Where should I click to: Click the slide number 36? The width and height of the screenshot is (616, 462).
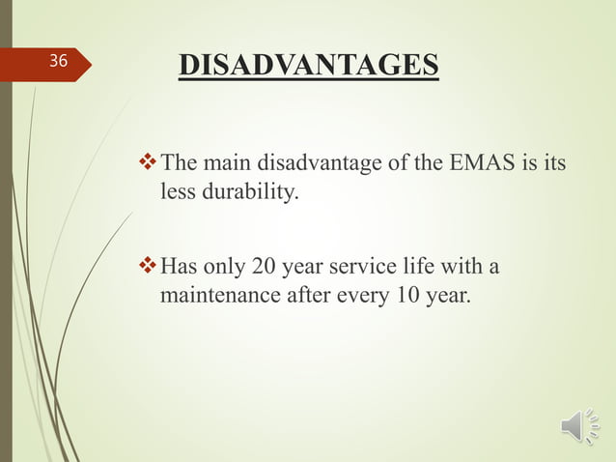(x=59, y=62)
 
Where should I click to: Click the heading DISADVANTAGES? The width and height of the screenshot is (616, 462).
(x=308, y=66)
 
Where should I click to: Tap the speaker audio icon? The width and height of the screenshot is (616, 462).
(x=579, y=427)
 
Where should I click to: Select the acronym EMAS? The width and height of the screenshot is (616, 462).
(x=484, y=162)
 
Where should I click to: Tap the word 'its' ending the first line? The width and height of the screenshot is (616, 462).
(x=554, y=162)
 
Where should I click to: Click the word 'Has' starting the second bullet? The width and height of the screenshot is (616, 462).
(x=178, y=265)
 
